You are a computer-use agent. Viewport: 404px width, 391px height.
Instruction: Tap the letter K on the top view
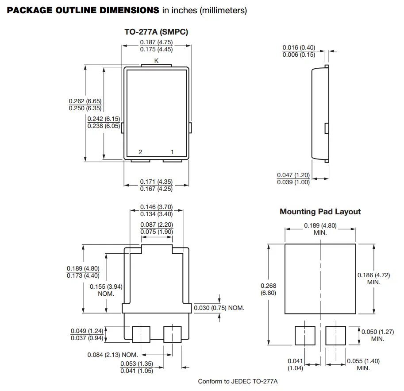[x=156, y=60]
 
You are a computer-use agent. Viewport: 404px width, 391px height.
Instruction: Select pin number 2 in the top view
[x=140, y=152]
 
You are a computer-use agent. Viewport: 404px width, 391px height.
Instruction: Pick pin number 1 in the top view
[x=172, y=152]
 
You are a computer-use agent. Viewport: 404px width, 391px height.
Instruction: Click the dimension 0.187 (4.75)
[x=156, y=42]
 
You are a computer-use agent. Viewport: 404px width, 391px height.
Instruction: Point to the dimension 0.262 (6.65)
[x=85, y=101]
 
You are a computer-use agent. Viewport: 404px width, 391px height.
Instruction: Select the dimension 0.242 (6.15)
[x=104, y=119]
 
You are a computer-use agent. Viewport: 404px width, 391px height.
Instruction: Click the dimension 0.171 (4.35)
[x=156, y=182]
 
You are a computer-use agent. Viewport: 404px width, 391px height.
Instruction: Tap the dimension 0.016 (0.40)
[x=299, y=47]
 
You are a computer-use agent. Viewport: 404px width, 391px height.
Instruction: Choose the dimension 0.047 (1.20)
[x=293, y=175]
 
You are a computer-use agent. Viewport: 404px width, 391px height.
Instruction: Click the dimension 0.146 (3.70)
[x=156, y=207]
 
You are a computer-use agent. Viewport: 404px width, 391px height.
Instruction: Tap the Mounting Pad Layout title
[x=320, y=212]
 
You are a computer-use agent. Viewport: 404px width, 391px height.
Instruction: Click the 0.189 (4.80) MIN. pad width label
[x=320, y=228]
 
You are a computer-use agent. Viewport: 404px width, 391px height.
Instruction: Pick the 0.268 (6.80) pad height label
[x=269, y=289]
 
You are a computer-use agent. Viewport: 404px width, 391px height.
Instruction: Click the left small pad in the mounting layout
[x=305, y=335]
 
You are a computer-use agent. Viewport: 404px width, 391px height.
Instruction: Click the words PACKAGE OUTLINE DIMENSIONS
[x=83, y=10]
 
